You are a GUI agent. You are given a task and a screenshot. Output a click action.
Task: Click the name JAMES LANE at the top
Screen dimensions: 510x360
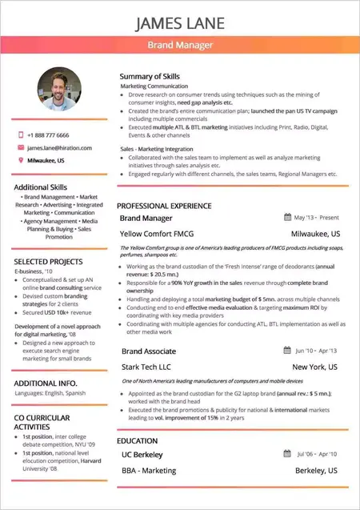(180, 22)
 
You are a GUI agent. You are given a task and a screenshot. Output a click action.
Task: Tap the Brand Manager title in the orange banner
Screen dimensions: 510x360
(180, 46)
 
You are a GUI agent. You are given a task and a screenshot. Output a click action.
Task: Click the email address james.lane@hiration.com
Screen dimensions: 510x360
(59, 148)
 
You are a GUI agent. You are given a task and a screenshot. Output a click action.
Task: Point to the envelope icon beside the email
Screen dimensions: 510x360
(20, 148)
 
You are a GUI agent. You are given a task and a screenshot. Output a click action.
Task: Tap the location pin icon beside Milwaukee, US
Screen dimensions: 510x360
(20, 161)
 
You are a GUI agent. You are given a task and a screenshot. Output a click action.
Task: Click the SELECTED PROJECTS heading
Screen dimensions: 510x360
(48, 262)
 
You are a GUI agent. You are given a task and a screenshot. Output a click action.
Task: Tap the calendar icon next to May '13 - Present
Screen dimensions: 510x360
(287, 217)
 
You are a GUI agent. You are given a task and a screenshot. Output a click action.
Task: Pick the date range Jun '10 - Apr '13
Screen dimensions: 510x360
(317, 351)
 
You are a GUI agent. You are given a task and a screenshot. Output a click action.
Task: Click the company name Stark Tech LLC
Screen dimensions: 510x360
(146, 367)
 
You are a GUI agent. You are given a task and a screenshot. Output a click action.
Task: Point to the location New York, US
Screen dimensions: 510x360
(316, 367)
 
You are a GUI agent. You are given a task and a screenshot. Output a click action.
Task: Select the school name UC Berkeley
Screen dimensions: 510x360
(142, 455)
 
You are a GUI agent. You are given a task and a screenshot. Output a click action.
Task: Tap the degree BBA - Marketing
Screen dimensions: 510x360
(149, 472)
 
